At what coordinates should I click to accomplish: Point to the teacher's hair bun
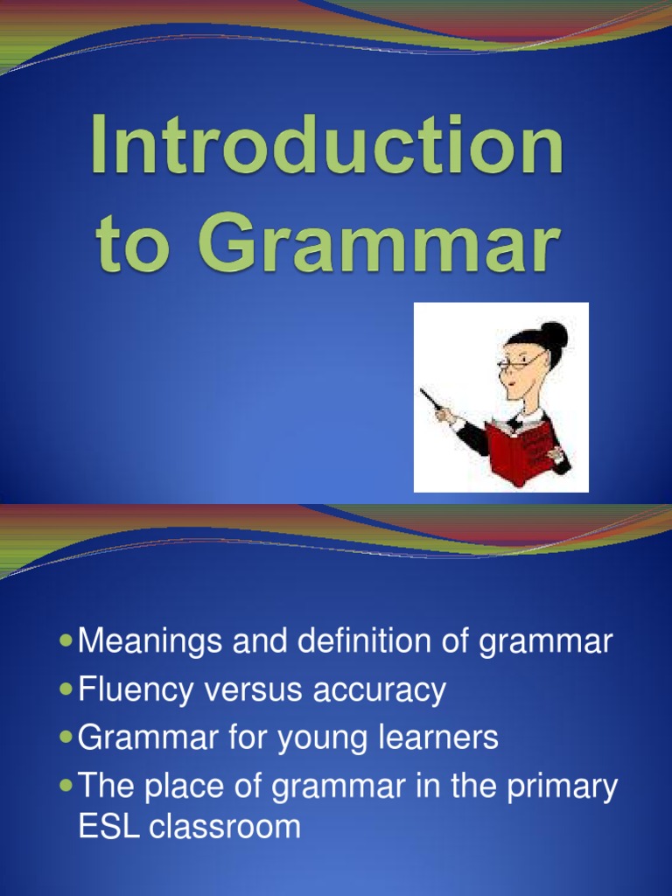[x=553, y=334]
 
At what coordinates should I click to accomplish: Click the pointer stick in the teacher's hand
[x=430, y=400]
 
